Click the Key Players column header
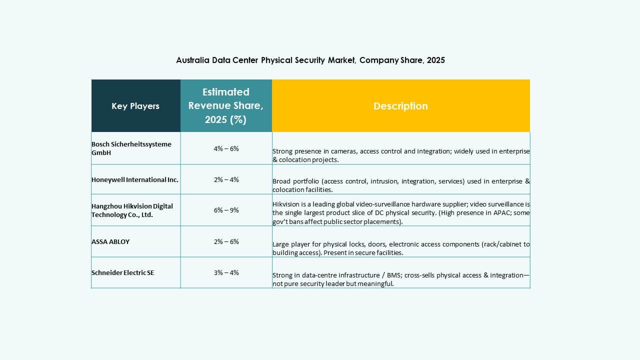[x=135, y=106]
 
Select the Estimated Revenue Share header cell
[x=226, y=106]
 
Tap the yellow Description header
[x=400, y=106]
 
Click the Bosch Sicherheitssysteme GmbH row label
[x=131, y=148]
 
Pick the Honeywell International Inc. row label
[x=134, y=179]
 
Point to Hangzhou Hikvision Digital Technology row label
[x=132, y=210]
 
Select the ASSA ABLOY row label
[x=110, y=241]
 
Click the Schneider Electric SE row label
[x=123, y=272]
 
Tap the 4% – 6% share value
[x=226, y=148]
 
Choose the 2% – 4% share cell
[x=226, y=179]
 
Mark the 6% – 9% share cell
[x=226, y=210]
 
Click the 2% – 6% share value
[x=226, y=241]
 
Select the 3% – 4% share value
[x=226, y=272]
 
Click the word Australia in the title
[x=192, y=60]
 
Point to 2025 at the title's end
[x=436, y=60]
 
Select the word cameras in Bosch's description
[x=341, y=151]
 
